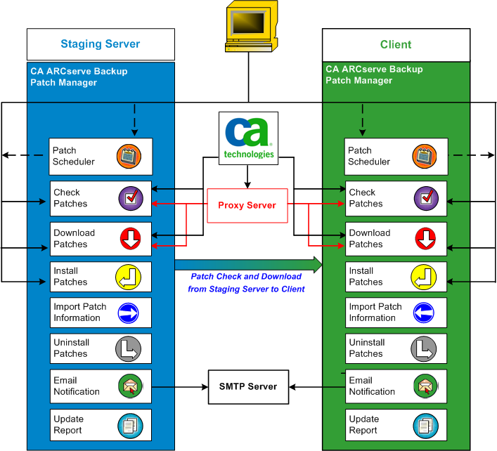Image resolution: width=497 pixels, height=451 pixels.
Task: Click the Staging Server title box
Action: [x=101, y=44]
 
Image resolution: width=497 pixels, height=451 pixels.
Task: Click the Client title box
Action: [x=395, y=44]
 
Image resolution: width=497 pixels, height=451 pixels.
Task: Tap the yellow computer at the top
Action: [x=248, y=27]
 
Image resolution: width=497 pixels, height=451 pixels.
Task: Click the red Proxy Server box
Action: [x=247, y=205]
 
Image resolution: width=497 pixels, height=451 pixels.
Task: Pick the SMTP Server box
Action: [x=248, y=386]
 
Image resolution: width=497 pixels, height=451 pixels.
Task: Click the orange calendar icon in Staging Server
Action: [x=129, y=156]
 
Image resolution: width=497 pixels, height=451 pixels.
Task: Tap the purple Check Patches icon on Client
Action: [x=426, y=199]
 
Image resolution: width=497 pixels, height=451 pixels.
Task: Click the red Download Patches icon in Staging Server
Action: [x=129, y=239]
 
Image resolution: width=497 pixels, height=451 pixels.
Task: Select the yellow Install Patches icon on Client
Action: [x=426, y=277]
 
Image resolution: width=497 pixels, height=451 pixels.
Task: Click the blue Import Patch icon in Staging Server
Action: [x=129, y=313]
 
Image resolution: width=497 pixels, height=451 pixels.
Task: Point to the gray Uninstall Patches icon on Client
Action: [x=426, y=348]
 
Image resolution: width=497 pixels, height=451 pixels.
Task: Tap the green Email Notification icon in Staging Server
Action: [x=129, y=386]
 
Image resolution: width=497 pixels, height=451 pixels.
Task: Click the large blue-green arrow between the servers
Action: [x=247, y=264]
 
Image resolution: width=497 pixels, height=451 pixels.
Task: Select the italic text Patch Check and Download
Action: [x=246, y=277]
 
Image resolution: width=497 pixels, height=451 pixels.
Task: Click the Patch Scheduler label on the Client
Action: [x=368, y=156]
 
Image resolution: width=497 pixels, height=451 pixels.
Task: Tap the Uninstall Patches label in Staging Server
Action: [x=70, y=348]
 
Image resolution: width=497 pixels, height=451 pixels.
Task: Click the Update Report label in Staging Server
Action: [x=68, y=425]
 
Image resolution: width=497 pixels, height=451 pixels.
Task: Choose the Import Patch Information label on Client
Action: [x=375, y=313]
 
